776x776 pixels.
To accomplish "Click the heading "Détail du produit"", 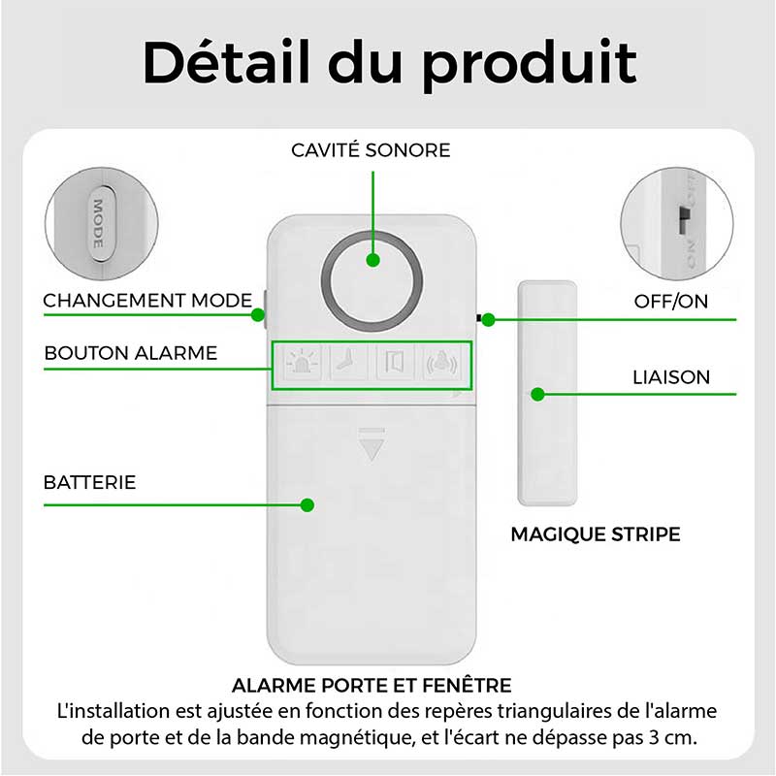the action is (x=390, y=63).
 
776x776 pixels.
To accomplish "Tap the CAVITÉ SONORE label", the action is (x=371, y=150).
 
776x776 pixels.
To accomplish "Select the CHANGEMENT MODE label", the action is (x=147, y=301).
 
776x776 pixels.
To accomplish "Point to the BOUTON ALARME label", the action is (x=131, y=353).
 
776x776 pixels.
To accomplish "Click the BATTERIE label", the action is (x=89, y=482).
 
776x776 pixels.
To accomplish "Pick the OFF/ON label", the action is (x=670, y=301).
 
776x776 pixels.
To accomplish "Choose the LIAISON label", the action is (x=671, y=377).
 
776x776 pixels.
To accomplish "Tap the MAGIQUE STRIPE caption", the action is (x=596, y=534).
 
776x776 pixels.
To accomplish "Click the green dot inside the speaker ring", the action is (x=373, y=260).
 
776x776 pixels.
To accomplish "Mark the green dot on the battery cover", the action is (x=307, y=505).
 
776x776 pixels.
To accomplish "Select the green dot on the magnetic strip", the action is (x=538, y=395).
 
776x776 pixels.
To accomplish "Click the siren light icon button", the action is (x=301, y=363).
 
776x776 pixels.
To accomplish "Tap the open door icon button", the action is (x=395, y=363).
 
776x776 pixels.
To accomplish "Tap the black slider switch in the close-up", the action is (x=685, y=220).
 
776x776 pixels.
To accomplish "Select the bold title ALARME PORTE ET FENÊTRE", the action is (x=372, y=686).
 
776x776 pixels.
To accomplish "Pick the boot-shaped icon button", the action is (x=348, y=363).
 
